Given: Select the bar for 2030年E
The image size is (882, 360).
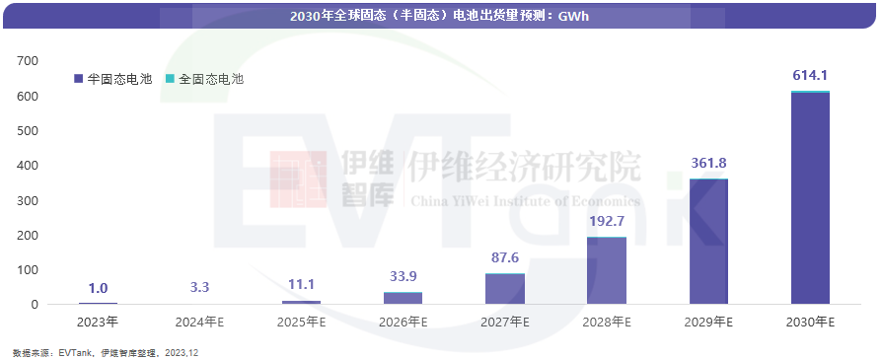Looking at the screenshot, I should tap(810, 197).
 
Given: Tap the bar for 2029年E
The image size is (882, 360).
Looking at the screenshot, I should tap(707, 242).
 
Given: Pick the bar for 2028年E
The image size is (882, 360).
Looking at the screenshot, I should tap(606, 270).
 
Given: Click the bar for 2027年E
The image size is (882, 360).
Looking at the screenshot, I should tap(504, 289).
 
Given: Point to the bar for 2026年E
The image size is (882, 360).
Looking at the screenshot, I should tap(403, 298).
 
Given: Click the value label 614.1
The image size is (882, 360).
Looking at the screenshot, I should tap(810, 75).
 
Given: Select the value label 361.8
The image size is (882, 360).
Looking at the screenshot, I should tap(707, 163).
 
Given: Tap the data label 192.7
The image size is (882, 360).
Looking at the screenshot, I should tap(606, 222).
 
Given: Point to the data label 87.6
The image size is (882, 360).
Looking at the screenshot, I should tap(504, 258).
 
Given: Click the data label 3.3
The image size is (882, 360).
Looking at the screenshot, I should tap(199, 287).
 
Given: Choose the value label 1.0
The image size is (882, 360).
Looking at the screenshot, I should tap(98, 288).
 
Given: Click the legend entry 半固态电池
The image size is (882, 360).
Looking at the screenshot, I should tap(113, 78).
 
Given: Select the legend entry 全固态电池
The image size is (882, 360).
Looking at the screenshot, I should tap(204, 78).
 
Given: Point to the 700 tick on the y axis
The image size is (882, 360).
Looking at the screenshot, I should tap(28, 61).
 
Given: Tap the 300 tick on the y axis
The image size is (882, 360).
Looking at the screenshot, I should tap(28, 200).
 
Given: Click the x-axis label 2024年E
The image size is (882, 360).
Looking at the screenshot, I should tap(199, 322).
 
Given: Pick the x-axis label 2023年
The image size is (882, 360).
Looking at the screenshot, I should tap(98, 322).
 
